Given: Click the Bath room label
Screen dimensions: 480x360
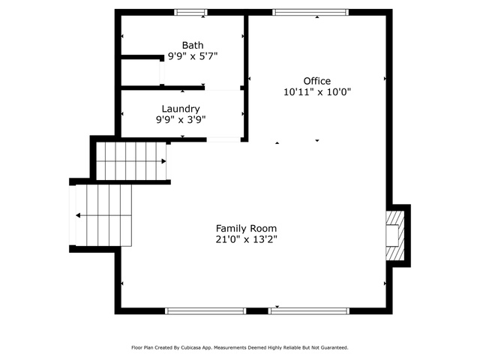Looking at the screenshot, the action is pyautogui.click(x=193, y=45).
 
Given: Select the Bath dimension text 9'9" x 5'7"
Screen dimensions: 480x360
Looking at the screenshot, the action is pyautogui.click(x=193, y=56).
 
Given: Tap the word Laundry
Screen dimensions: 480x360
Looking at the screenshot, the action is pyautogui.click(x=181, y=109).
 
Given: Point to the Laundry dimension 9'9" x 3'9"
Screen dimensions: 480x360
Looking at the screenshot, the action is pyautogui.click(x=181, y=120).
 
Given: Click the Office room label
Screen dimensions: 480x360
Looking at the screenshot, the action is pyautogui.click(x=316, y=81).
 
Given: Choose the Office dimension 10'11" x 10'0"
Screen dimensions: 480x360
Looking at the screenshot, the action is pyautogui.click(x=316, y=91).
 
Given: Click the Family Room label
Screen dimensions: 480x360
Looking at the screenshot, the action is pyautogui.click(x=246, y=228).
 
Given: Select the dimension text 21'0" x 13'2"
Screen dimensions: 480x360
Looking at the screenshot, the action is pyautogui.click(x=246, y=239).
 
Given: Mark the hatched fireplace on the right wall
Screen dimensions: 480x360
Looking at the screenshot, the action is pyautogui.click(x=395, y=235).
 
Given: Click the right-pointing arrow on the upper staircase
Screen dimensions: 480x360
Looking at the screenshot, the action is pyautogui.click(x=163, y=161).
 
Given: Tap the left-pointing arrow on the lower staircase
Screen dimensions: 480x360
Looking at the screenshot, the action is pyautogui.click(x=78, y=215).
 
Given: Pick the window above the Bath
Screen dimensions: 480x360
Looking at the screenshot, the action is pyautogui.click(x=190, y=12).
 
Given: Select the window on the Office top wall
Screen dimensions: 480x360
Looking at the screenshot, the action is pyautogui.click(x=310, y=12).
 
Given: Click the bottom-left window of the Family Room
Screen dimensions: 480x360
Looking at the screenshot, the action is pyautogui.click(x=205, y=311).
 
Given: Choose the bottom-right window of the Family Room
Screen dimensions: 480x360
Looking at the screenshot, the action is pyautogui.click(x=309, y=311).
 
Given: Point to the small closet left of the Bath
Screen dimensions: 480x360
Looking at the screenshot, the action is pyautogui.click(x=140, y=73).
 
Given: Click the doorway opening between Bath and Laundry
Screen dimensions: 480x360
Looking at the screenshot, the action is pyautogui.click(x=223, y=88).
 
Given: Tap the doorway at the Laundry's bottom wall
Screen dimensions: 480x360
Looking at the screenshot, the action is pyautogui.click(x=223, y=139).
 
